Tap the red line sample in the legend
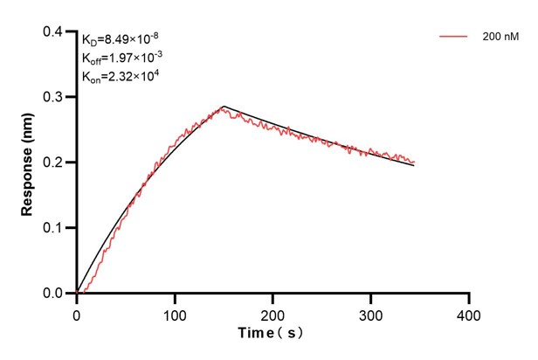pos(454,37)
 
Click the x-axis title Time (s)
pos(272,334)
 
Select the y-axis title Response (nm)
pos(27,163)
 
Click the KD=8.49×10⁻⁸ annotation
pos(120,38)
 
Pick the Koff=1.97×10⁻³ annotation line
pos(121,57)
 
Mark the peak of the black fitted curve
pos(224,107)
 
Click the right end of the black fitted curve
pos(414,165)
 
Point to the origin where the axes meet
pos(77,294)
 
